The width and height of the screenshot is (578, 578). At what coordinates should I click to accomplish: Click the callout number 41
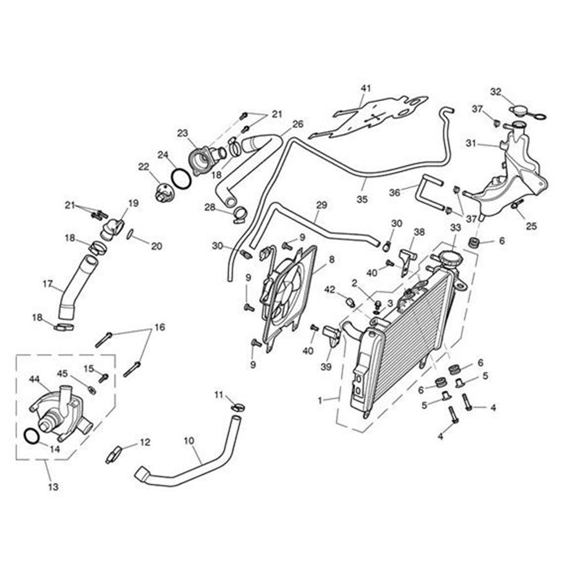click(x=367, y=88)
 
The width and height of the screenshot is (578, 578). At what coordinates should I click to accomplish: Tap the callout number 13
click(x=53, y=487)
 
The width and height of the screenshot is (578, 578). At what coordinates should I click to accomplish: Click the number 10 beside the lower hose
click(x=188, y=440)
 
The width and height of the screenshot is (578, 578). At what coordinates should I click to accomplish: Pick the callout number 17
click(x=47, y=284)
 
